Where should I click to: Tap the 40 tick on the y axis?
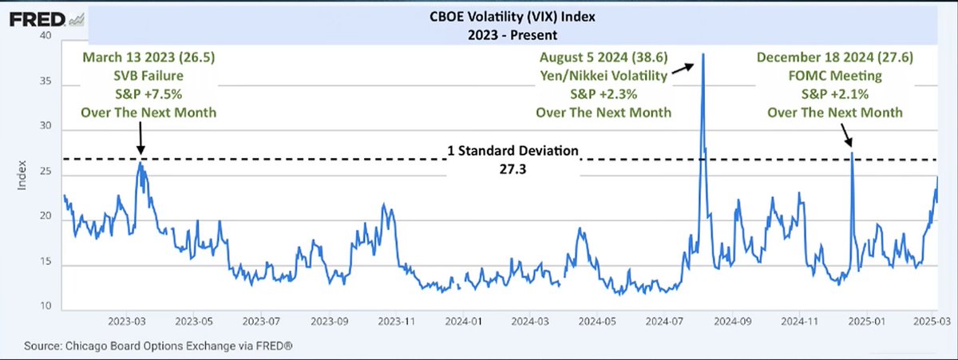click(x=46, y=37)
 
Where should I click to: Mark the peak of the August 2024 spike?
click(x=703, y=54)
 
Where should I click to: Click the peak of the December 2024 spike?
click(x=853, y=152)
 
